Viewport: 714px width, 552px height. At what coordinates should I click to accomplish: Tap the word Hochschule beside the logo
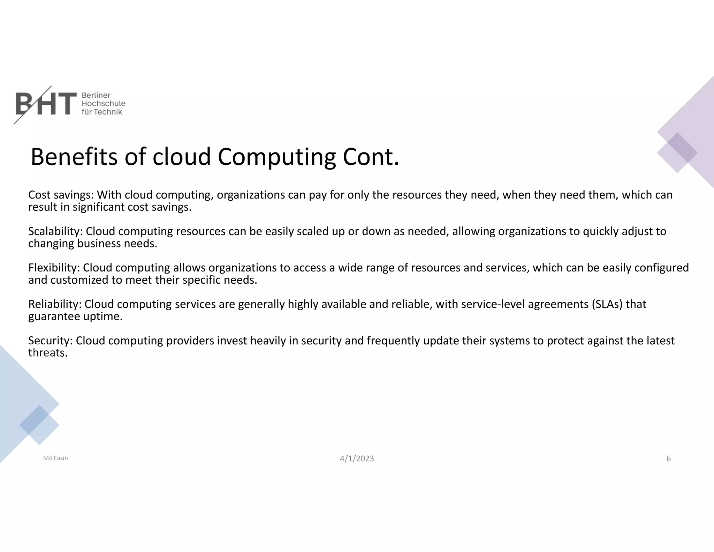tap(103, 104)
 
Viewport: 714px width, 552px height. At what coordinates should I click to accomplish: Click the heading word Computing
tap(277, 158)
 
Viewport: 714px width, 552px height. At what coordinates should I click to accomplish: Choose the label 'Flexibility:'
tap(54, 268)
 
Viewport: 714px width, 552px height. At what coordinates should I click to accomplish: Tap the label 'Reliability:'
tap(55, 304)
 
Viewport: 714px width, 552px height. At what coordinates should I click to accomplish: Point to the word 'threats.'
tap(48, 353)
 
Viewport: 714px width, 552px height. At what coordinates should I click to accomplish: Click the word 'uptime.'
tap(103, 316)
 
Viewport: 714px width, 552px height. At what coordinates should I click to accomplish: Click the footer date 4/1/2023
tap(357, 458)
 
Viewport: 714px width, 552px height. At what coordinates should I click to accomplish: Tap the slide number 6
tap(668, 458)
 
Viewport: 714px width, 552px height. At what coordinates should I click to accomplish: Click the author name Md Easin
tap(55, 458)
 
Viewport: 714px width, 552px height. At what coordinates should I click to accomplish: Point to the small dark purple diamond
tap(682, 148)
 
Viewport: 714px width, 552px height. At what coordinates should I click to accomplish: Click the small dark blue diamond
tap(34, 420)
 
